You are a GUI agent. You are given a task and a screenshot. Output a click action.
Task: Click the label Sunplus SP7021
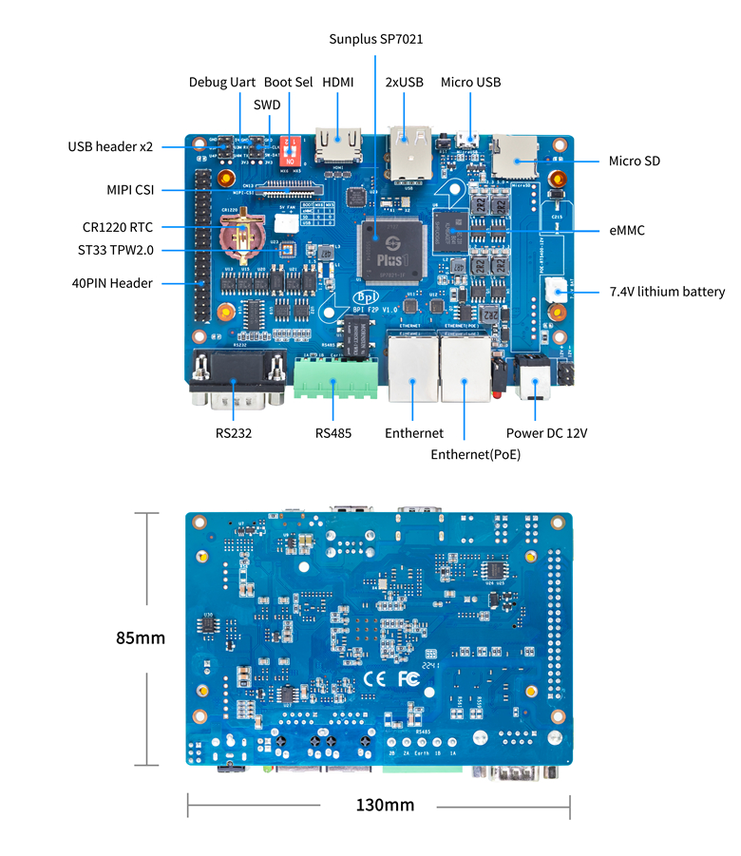(x=375, y=39)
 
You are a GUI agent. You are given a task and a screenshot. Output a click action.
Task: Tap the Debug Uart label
(x=221, y=83)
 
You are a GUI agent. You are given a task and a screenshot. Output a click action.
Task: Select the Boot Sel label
(x=288, y=83)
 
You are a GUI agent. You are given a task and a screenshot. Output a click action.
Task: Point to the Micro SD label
(x=634, y=161)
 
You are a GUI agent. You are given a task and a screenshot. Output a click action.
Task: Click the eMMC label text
(x=628, y=229)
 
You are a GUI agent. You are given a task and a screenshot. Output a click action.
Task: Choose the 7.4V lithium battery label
(x=667, y=292)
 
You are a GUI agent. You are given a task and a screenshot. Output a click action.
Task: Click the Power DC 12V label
(x=546, y=433)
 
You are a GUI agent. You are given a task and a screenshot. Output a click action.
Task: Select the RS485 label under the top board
(x=333, y=433)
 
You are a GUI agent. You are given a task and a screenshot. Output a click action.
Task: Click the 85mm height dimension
(x=141, y=638)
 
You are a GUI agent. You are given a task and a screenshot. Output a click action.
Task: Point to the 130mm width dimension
(x=385, y=805)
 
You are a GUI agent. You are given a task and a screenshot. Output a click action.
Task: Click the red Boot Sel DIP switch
(x=292, y=151)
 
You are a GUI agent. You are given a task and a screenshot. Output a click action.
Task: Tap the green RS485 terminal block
(x=333, y=378)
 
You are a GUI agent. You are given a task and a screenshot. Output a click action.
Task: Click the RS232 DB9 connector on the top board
(x=237, y=380)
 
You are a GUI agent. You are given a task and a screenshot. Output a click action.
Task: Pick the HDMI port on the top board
(x=338, y=148)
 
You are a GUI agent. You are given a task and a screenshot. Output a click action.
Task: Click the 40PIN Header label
(x=112, y=282)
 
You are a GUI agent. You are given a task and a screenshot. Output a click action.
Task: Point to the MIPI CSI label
(x=130, y=190)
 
